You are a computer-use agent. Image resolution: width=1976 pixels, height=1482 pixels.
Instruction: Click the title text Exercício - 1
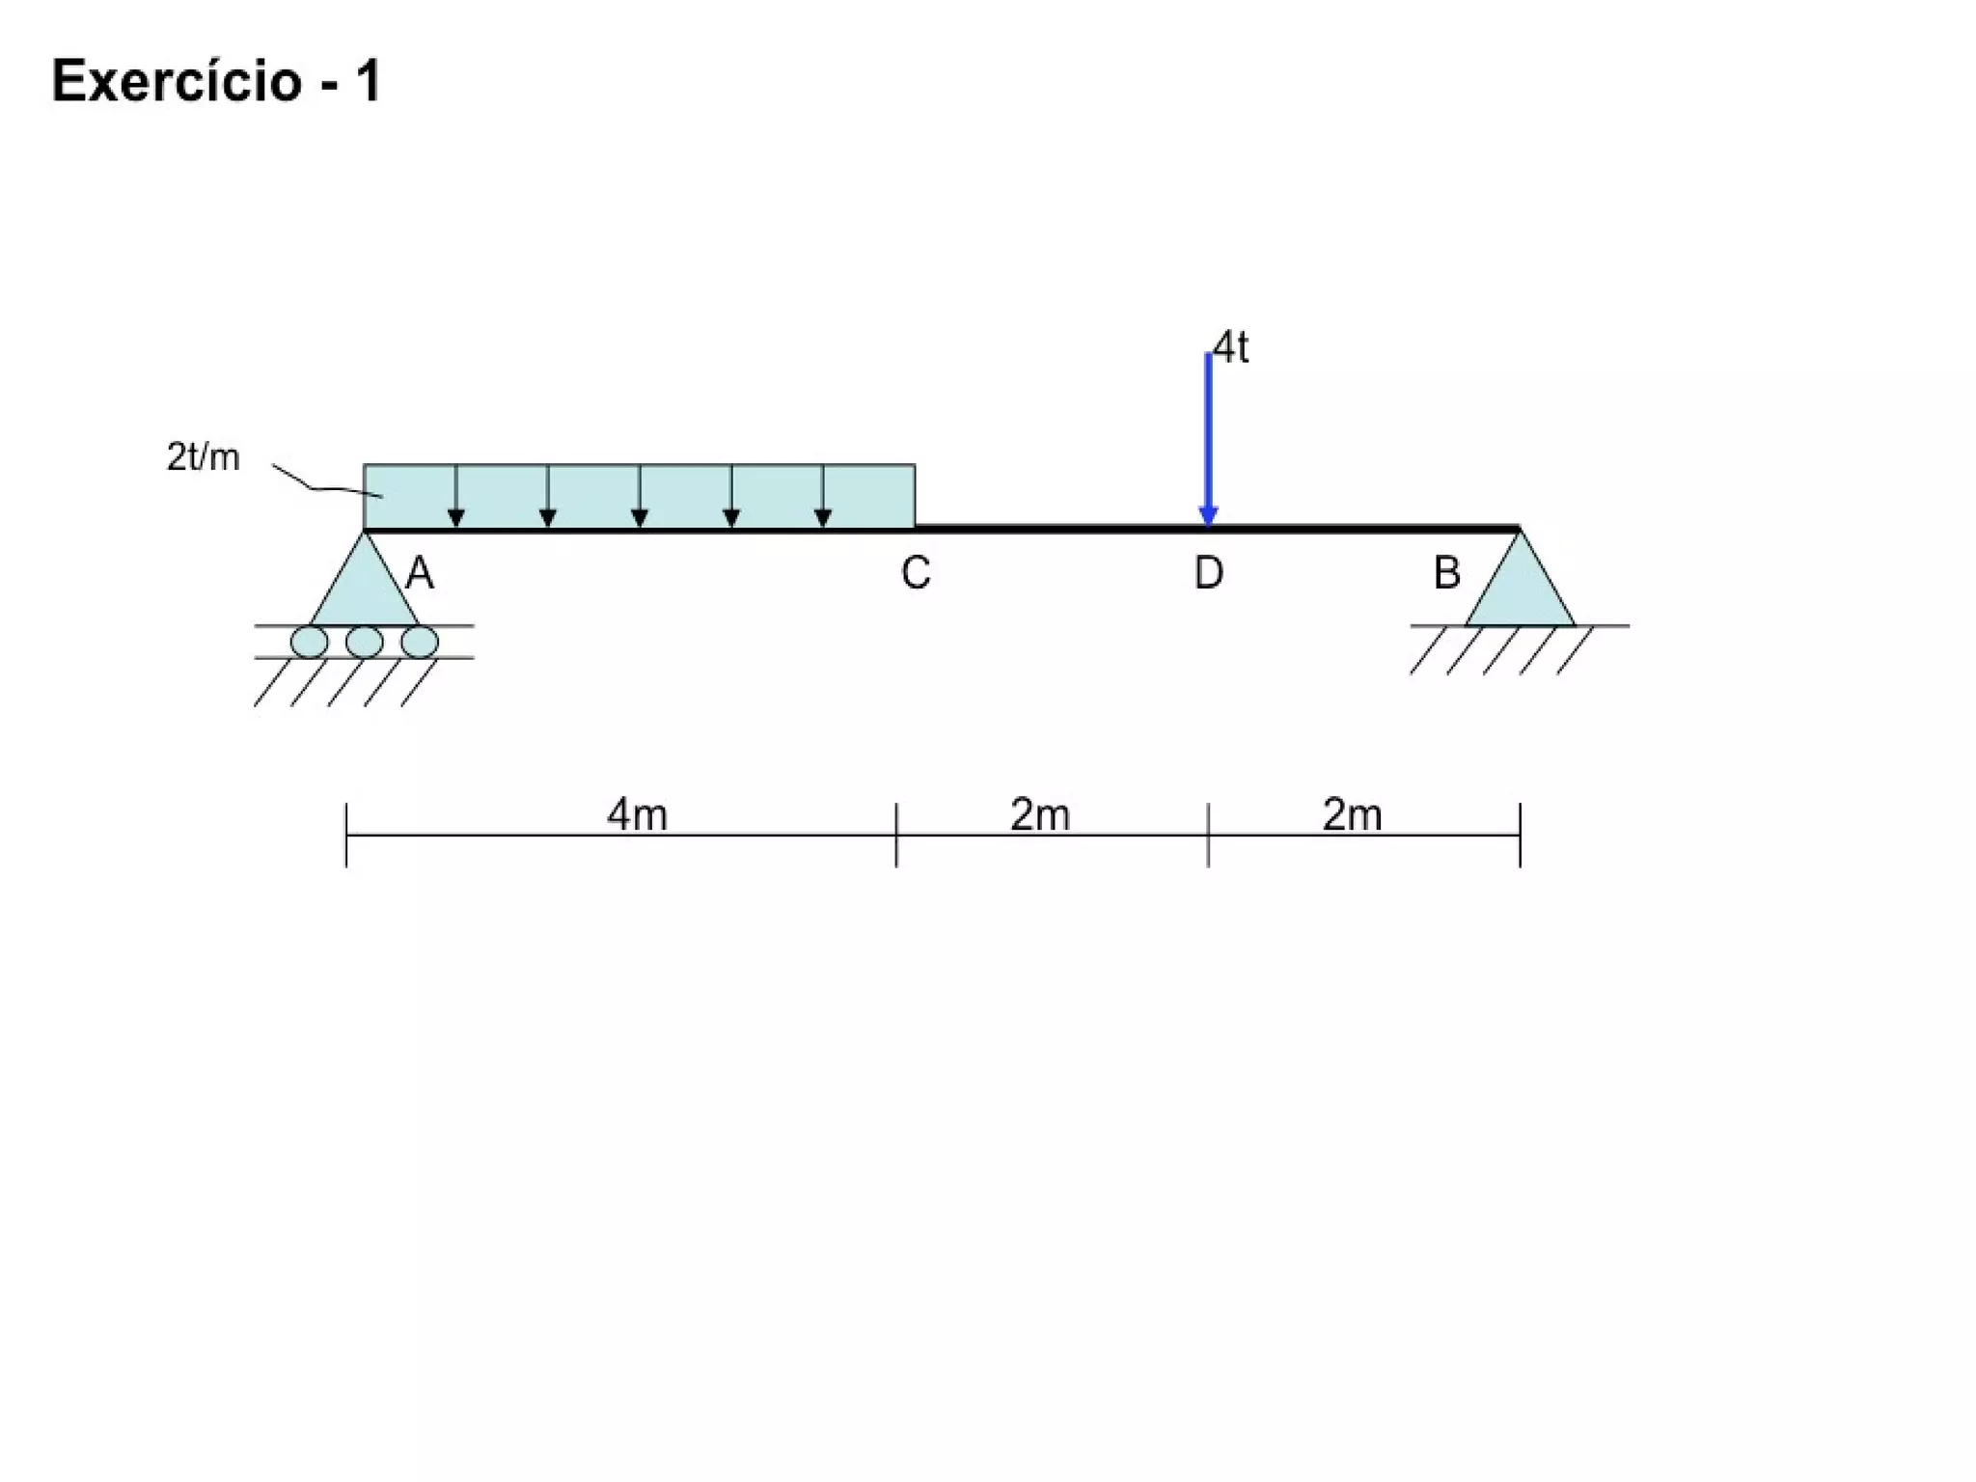(217, 81)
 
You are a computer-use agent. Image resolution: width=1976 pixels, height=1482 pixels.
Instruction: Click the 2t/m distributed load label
(203, 457)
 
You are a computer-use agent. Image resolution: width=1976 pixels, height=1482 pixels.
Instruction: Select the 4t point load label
(1230, 347)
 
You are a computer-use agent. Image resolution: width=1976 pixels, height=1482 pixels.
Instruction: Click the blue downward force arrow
(1208, 440)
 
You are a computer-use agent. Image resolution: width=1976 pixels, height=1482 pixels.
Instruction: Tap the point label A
(420, 574)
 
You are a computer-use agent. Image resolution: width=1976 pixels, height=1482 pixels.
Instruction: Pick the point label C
(916, 573)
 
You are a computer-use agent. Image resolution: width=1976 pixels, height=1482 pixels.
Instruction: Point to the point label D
(1209, 573)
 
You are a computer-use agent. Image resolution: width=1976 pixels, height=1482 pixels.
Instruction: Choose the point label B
(1446, 573)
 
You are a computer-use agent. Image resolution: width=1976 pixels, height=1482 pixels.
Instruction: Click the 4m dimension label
(637, 815)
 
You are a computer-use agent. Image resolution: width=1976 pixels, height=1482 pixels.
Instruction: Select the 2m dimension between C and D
(1040, 815)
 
